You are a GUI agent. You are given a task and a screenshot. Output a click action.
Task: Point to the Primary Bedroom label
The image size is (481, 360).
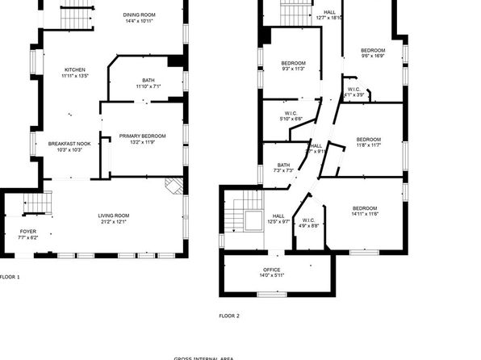click(142, 139)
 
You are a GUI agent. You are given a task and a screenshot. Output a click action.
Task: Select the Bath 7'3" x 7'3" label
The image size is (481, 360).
click(283, 166)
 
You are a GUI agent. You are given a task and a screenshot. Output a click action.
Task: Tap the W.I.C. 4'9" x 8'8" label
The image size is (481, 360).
click(308, 224)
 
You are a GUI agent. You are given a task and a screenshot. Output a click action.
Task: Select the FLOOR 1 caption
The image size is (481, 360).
click(10, 277)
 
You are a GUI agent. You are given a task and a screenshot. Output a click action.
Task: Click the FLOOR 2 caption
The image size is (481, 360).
click(229, 316)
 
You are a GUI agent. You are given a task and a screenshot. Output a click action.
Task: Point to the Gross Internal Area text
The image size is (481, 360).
click(204, 358)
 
